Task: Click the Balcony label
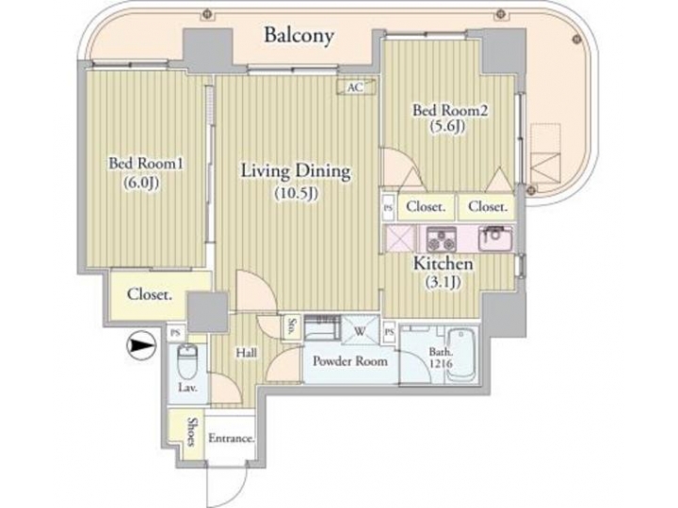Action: coord(299,37)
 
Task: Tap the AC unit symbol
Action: coord(354,87)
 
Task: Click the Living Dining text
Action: coord(295,171)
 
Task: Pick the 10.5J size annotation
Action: coord(295,194)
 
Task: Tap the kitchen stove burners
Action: coord(441,237)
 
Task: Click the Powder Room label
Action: coord(346,360)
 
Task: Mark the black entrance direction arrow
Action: coord(140,347)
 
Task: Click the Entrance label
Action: coord(232,438)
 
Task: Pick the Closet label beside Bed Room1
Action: coord(150,295)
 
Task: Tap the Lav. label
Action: coord(186,388)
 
